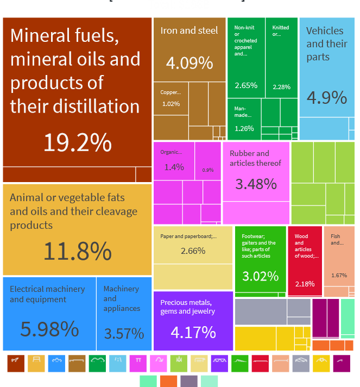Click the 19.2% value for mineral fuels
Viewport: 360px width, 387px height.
(x=77, y=143)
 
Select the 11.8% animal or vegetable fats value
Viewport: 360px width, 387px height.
(x=77, y=252)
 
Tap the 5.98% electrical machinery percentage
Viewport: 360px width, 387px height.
(x=49, y=329)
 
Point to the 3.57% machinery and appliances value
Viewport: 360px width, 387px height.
(x=124, y=333)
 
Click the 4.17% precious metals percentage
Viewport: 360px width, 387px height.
(x=193, y=332)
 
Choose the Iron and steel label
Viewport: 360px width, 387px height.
(x=189, y=30)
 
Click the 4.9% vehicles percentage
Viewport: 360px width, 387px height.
(x=326, y=97)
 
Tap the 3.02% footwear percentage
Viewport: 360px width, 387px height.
(x=260, y=276)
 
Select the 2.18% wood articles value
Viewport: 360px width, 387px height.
(x=304, y=284)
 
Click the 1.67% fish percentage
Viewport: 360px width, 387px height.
(x=339, y=275)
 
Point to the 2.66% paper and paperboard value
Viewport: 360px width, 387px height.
(x=193, y=251)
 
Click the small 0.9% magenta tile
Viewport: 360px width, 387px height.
(x=208, y=170)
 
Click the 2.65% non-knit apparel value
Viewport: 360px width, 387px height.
(x=246, y=85)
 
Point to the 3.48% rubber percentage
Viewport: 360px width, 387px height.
(x=256, y=184)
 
